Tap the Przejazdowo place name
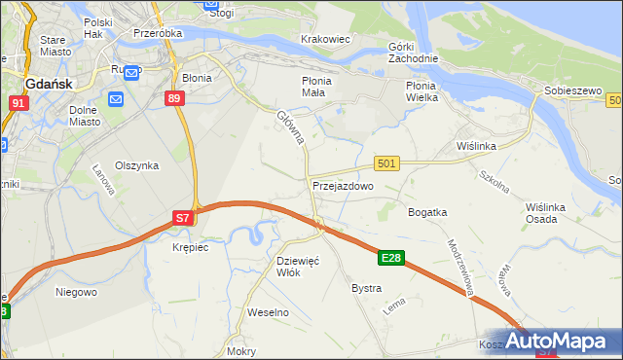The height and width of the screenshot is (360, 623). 343,185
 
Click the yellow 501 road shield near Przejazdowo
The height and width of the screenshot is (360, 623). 386,164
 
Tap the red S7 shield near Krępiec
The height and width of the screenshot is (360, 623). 183,219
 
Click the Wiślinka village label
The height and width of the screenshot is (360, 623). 477,146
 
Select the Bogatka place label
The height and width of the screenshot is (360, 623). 427,211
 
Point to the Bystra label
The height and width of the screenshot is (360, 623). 366,289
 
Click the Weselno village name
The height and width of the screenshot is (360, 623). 269,312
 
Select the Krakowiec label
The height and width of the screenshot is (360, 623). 325,39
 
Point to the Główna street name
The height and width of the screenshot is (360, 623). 291,127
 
